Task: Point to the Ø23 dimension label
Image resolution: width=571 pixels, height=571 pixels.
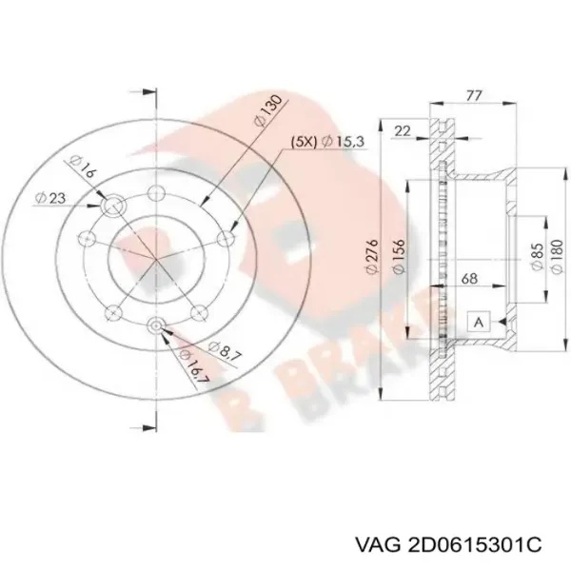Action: pos(49,198)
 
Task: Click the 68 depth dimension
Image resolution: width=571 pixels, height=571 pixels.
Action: pos(469,280)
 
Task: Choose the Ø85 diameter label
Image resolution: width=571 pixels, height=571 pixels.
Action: pos(535,252)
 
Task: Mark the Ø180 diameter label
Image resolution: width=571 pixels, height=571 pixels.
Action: pos(554,252)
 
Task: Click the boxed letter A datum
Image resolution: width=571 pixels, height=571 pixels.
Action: pos(478,323)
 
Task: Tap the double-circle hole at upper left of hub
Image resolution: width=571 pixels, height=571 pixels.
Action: pos(113,205)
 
